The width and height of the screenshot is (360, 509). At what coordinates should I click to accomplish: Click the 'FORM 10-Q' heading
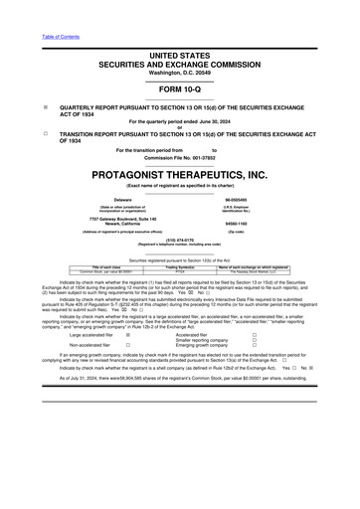[x=180, y=85]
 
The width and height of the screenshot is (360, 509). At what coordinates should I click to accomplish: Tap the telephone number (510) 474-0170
[x=180, y=239]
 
